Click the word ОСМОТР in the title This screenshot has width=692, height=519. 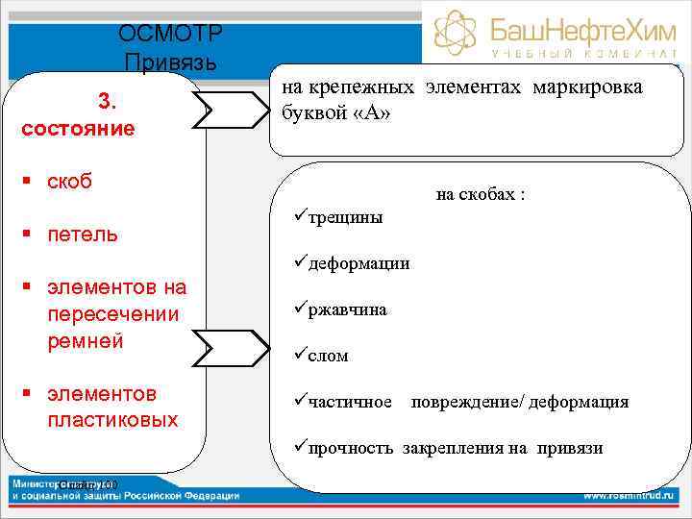tap(171, 35)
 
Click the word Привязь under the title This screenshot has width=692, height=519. tap(171, 63)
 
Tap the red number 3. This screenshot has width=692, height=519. tap(106, 101)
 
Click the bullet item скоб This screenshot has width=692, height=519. tap(69, 182)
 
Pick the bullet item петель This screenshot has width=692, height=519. tap(82, 234)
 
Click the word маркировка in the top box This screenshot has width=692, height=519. tap(587, 87)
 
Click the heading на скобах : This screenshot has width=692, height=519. tap(481, 195)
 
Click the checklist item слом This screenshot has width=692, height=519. tap(328, 356)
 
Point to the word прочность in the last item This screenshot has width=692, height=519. tap(352, 448)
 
